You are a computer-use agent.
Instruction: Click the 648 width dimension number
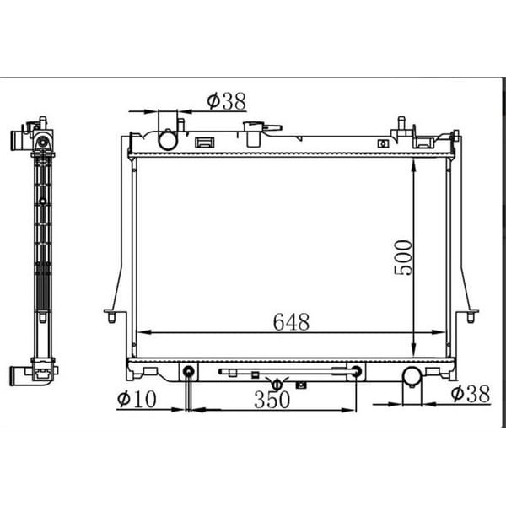pyautogui.click(x=291, y=321)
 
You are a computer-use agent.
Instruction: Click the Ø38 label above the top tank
pyautogui.click(x=225, y=102)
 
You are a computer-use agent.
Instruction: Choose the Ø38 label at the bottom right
pyautogui.click(x=470, y=394)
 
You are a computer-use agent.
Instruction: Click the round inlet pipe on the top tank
pyautogui.click(x=169, y=139)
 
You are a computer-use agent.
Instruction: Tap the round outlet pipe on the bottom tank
pyautogui.click(x=412, y=377)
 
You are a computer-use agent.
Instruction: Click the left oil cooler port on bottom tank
pyautogui.click(x=189, y=371)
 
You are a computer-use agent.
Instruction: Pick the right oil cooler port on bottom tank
pyautogui.click(x=357, y=371)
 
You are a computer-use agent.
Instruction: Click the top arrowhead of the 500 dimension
pyautogui.click(x=413, y=164)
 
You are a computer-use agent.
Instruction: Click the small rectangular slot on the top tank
pyautogui.click(x=204, y=142)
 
